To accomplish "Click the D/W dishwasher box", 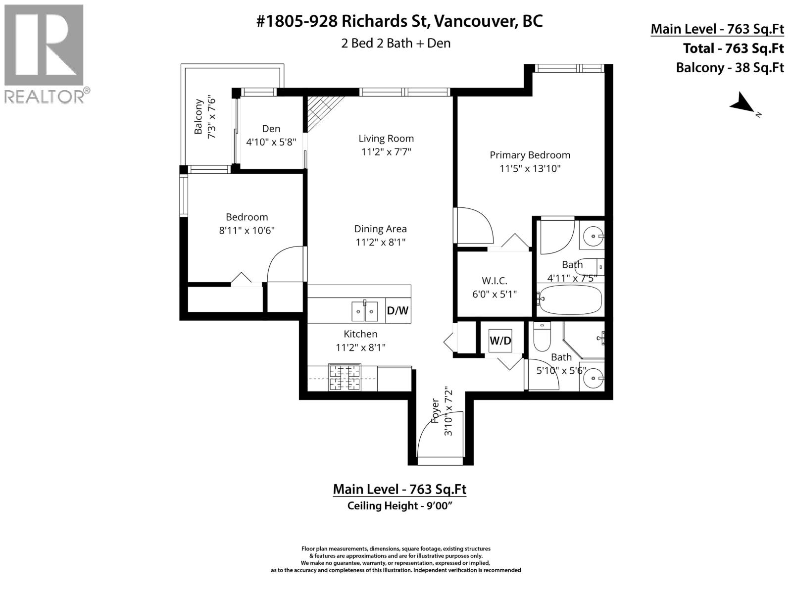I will (397, 311).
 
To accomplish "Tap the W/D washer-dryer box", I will (500, 341).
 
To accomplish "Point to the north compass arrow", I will (742, 104).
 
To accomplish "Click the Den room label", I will (271, 129).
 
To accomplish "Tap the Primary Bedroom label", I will (530, 155).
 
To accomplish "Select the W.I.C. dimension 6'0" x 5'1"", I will (494, 294).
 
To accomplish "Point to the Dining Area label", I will (380, 229).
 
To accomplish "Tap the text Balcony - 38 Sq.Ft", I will (730, 67).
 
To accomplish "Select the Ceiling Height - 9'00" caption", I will (399, 506).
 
